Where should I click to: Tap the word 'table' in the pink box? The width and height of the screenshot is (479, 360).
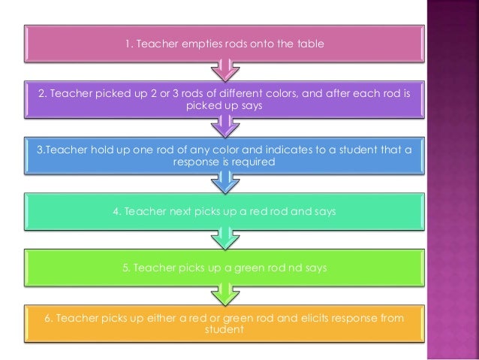point(309,44)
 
